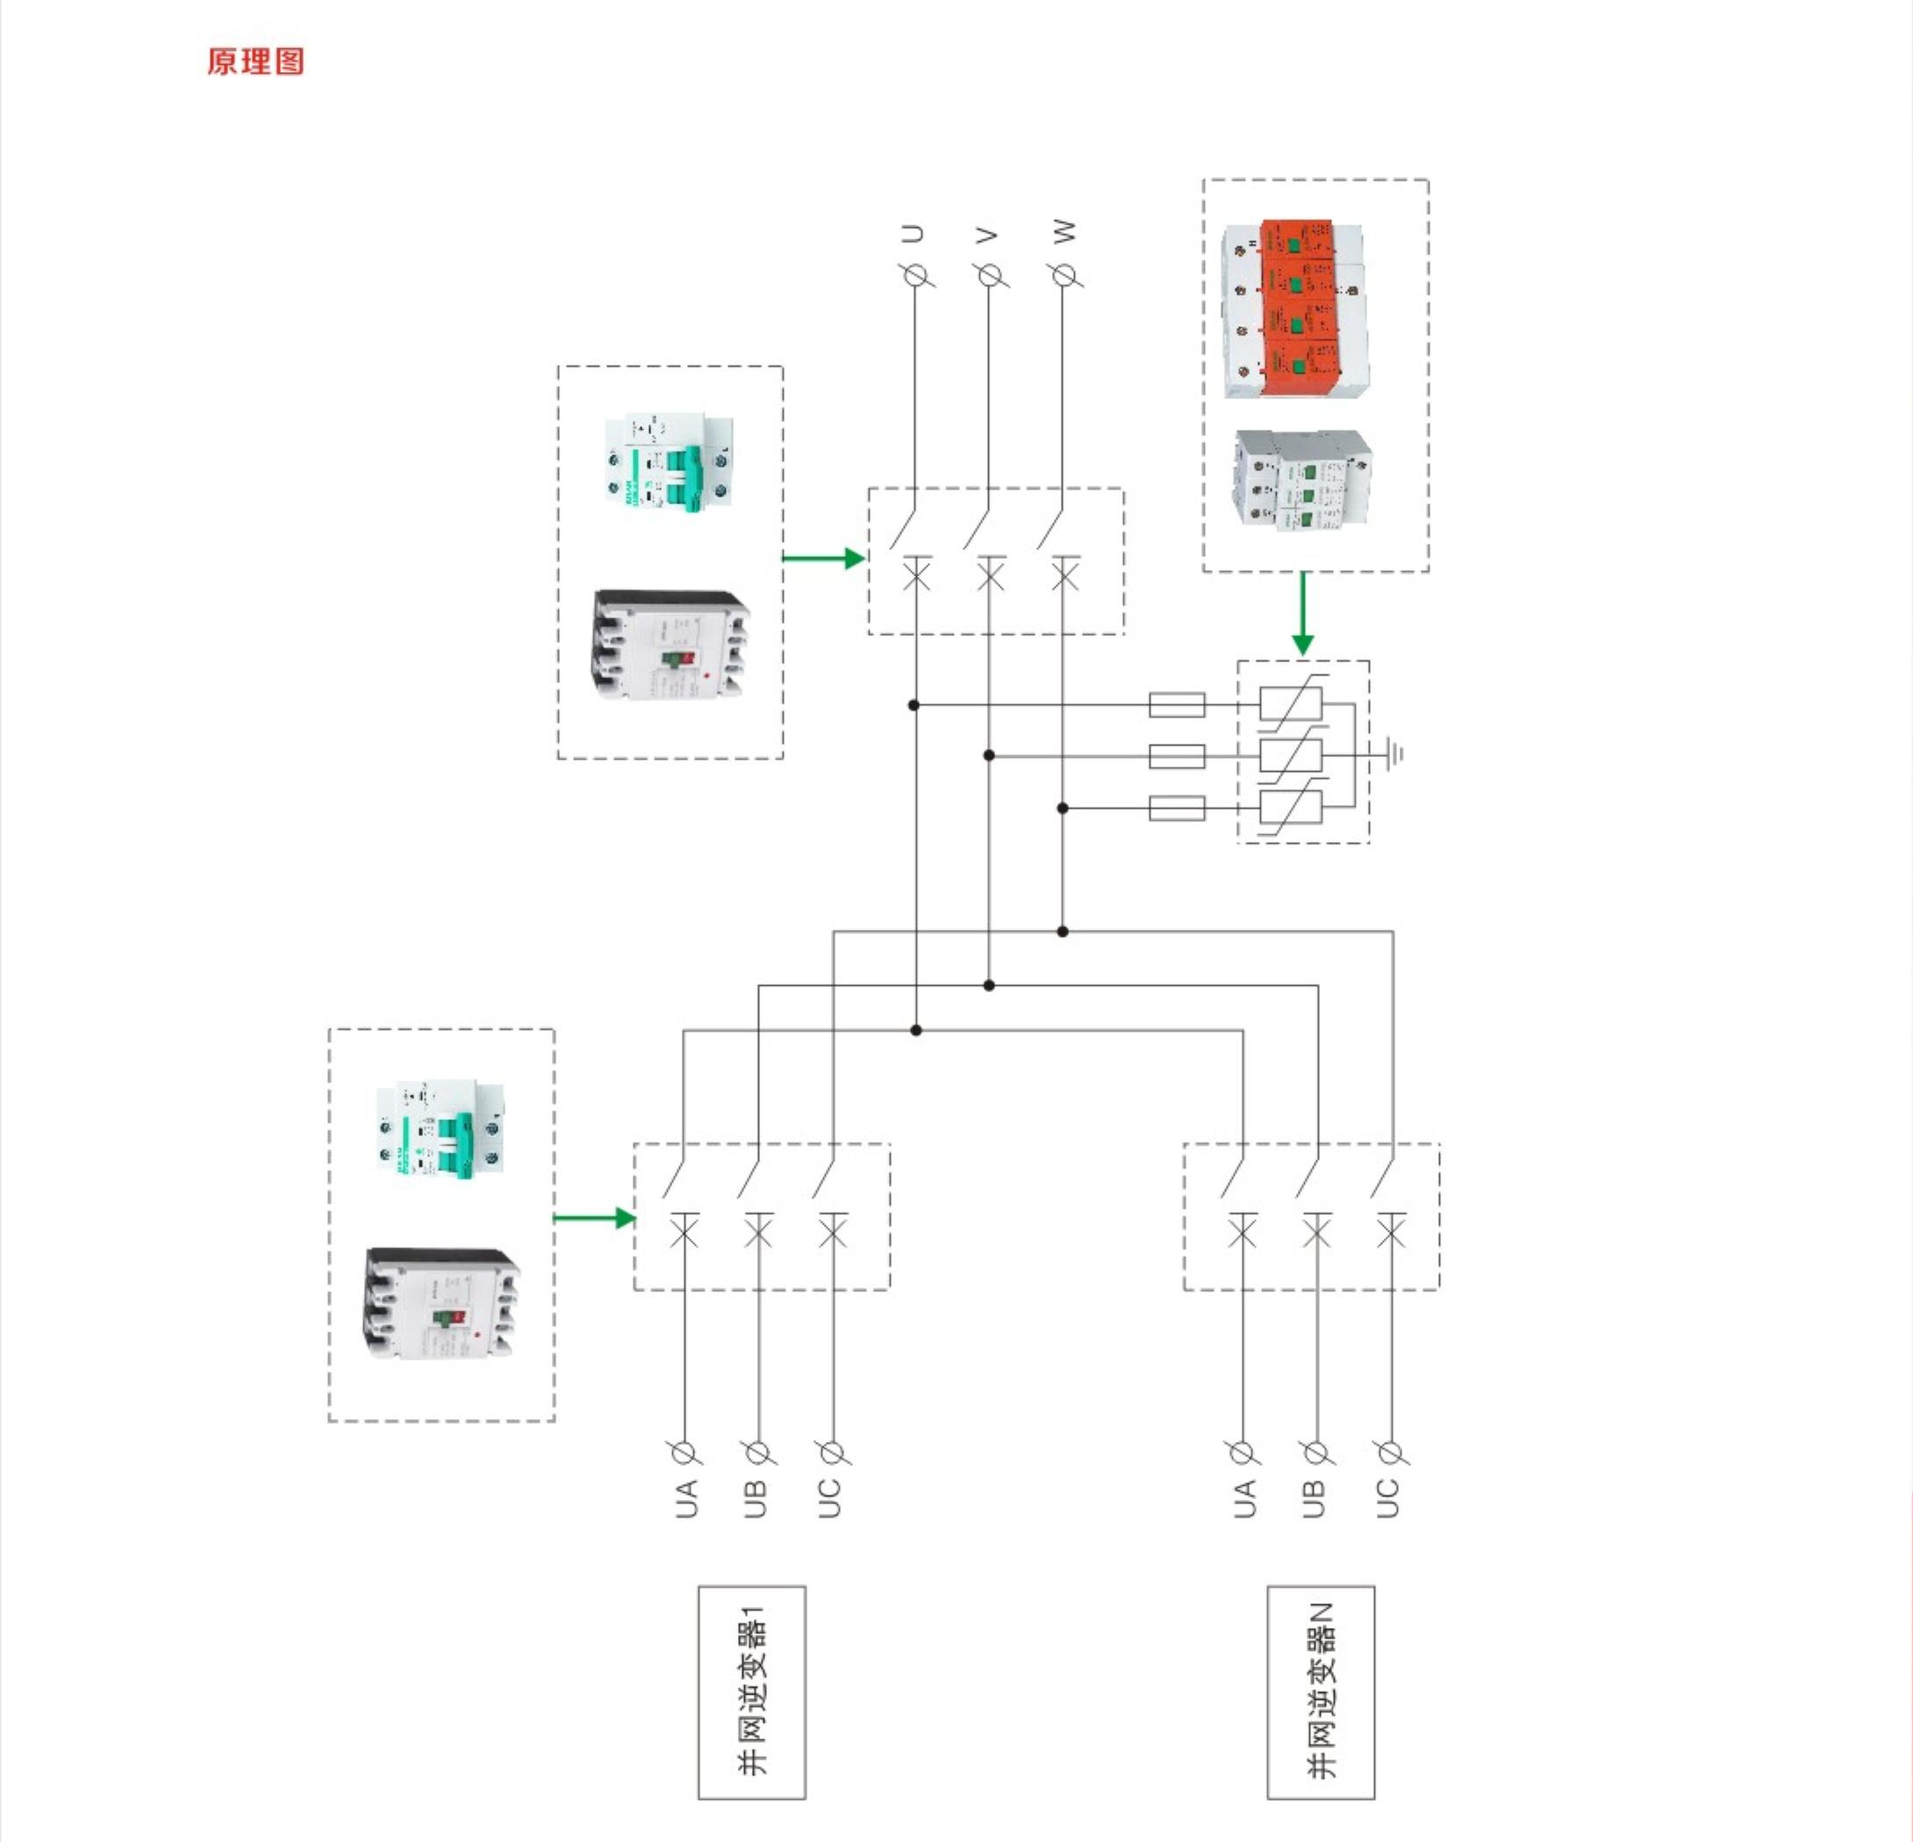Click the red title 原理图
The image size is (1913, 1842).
pos(255,61)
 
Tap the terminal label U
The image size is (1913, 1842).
pos(914,234)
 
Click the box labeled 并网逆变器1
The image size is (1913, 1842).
pos(751,1692)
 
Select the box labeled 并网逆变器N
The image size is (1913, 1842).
pos(1321,1692)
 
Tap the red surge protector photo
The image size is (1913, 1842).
pos(1294,308)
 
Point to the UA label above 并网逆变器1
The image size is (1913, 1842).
pos(687,1498)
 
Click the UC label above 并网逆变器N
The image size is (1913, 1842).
pos(1388,1498)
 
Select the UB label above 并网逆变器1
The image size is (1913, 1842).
pos(756,1498)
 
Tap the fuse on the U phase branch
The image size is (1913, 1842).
pos(1176,704)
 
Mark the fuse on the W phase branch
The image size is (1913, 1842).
pos(1176,808)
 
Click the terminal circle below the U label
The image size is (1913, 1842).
pos(915,276)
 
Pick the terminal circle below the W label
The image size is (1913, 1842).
pos(1064,276)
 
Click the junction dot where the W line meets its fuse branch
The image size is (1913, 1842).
pos(1063,808)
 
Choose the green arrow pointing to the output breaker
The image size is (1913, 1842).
pos(825,558)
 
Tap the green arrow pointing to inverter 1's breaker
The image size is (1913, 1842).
pos(594,1217)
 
